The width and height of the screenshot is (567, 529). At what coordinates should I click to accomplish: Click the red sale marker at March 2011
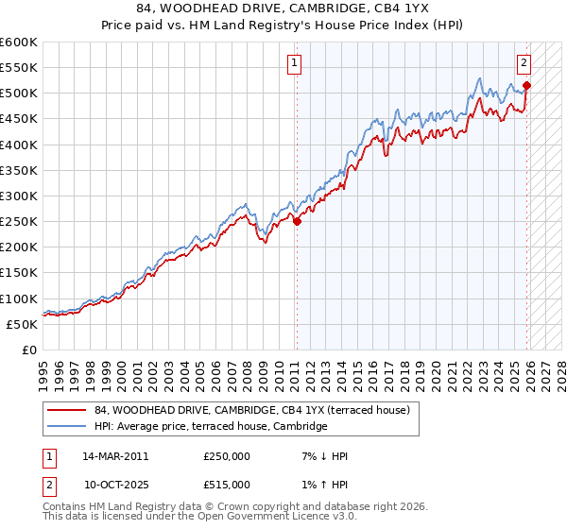tap(297, 222)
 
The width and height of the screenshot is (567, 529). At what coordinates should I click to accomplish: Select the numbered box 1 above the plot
tap(295, 63)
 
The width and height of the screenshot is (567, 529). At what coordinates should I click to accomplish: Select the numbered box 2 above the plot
tap(524, 63)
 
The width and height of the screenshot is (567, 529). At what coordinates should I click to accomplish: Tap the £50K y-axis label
tap(22, 324)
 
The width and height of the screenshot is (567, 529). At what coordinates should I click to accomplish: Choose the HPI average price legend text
tap(210, 427)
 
